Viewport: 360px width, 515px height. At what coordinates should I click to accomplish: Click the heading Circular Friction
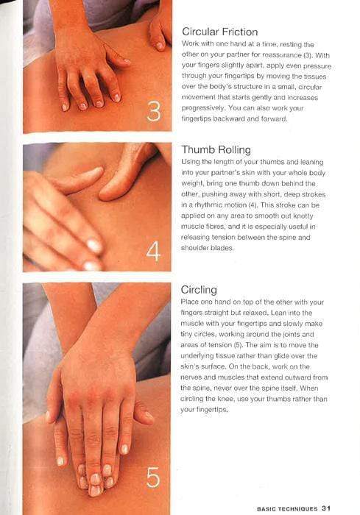pos(219,32)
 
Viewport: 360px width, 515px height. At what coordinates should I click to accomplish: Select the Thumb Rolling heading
pos(216,150)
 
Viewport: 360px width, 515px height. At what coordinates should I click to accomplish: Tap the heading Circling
pos(199,290)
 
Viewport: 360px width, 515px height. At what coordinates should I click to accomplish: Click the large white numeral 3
pos(154,111)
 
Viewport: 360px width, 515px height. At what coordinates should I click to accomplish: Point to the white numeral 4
pos(153,252)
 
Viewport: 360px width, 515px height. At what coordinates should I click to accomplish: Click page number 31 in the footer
pos(326,508)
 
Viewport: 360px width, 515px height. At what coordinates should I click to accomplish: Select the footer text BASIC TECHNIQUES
pos(287,508)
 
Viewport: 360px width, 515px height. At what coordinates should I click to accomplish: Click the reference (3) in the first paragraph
pos(307,55)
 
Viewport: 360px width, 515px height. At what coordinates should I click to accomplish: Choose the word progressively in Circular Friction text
pos(203,108)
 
